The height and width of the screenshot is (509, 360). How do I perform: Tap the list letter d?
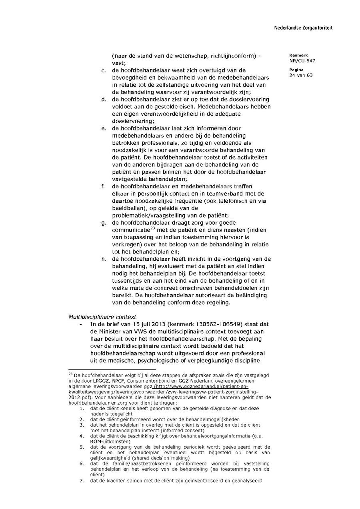[103, 99]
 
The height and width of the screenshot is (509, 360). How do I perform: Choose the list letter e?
[103, 128]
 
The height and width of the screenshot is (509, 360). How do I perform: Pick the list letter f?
[103, 186]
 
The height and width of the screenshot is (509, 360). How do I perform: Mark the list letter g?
[103, 223]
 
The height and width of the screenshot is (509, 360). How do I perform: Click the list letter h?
[103, 259]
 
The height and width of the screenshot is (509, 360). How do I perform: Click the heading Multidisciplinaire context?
[102, 317]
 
